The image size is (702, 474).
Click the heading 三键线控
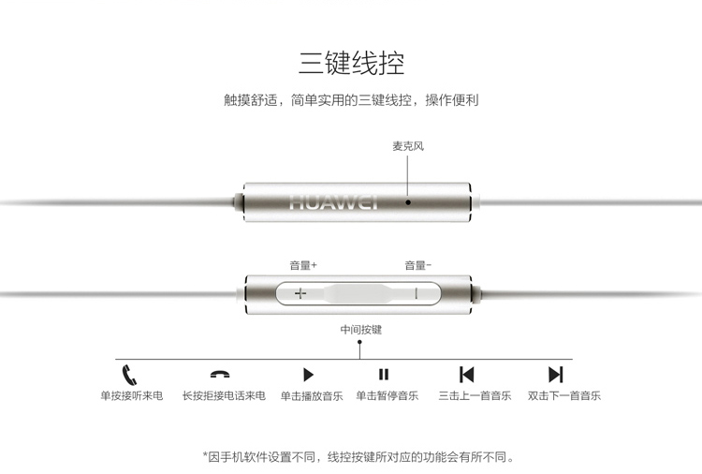pyautogui.click(x=351, y=63)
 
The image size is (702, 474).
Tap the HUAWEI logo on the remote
pyautogui.click(x=333, y=202)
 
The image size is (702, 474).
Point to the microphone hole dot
pyautogui.click(x=408, y=202)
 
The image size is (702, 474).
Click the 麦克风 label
pyautogui.click(x=408, y=146)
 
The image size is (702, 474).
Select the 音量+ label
pyautogui.click(x=303, y=265)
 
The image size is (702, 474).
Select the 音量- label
pyautogui.click(x=418, y=265)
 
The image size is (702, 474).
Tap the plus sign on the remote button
pyautogui.click(x=300, y=294)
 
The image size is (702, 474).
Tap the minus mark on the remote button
pyautogui.click(x=417, y=294)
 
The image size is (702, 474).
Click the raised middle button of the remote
pyautogui.click(x=358, y=294)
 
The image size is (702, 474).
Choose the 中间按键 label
pyautogui.click(x=361, y=330)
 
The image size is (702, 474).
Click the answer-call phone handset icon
pyautogui.click(x=129, y=375)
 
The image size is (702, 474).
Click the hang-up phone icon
pyautogui.click(x=220, y=374)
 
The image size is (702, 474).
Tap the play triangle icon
pyautogui.click(x=309, y=375)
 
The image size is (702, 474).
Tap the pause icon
pyautogui.click(x=384, y=374)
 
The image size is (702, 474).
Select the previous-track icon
pyautogui.click(x=466, y=375)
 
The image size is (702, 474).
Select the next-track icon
pyautogui.click(x=556, y=375)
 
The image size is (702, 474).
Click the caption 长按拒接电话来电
pyautogui.click(x=224, y=395)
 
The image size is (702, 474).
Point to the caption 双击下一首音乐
pyautogui.click(x=564, y=395)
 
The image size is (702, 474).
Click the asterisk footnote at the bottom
pyautogui.click(x=358, y=457)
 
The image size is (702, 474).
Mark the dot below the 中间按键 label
pyautogui.click(x=359, y=342)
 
